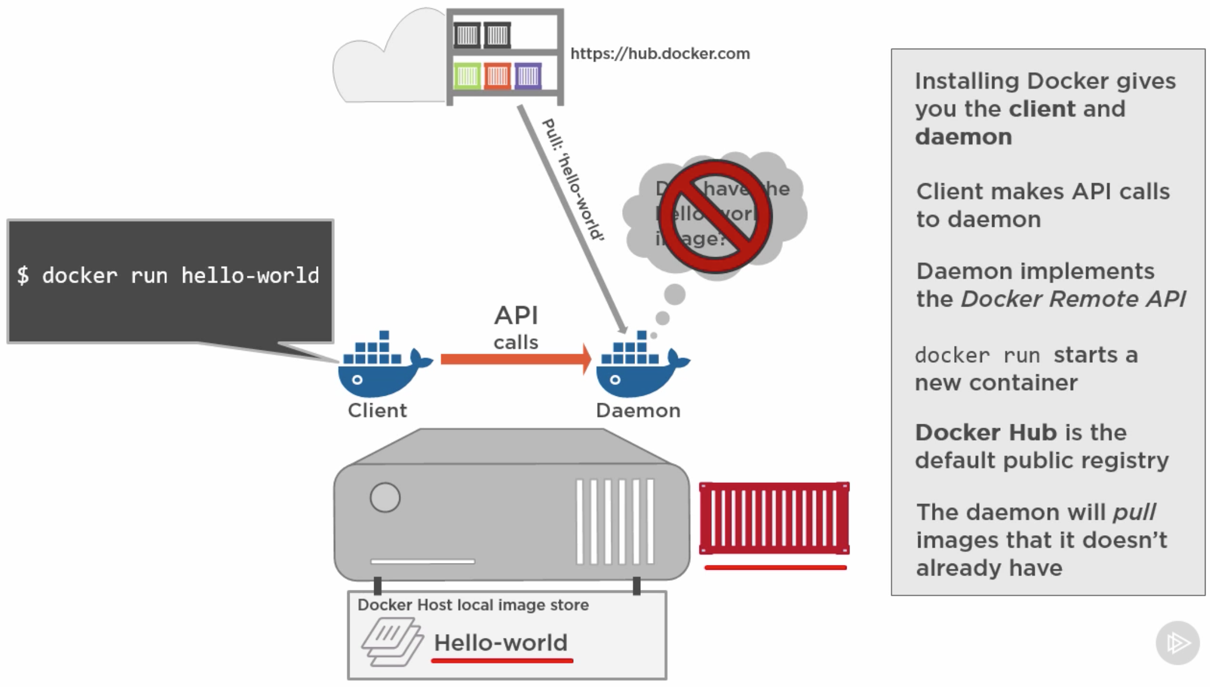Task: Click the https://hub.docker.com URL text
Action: tap(660, 53)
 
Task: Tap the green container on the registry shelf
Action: tap(467, 76)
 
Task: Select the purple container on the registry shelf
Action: tap(528, 76)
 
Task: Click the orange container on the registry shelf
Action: tap(498, 76)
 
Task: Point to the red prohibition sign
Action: tap(715, 216)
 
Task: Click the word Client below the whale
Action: tap(377, 411)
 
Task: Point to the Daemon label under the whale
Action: tap(638, 411)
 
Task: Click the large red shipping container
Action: tap(774, 518)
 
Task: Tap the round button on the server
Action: tap(385, 498)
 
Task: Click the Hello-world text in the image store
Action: tap(500, 643)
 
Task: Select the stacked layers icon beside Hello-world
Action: tap(392, 642)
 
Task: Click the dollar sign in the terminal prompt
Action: tap(23, 275)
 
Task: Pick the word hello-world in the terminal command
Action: tap(250, 275)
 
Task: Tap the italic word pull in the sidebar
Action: tap(1134, 512)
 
